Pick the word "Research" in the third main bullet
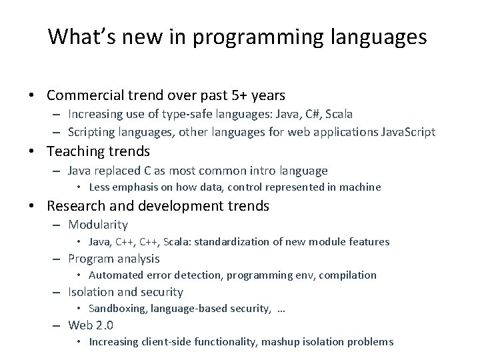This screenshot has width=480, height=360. click(x=75, y=206)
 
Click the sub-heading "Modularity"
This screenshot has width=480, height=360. click(x=97, y=225)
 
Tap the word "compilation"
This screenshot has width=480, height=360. click(x=350, y=275)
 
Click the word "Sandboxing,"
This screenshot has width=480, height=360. click(x=117, y=308)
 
